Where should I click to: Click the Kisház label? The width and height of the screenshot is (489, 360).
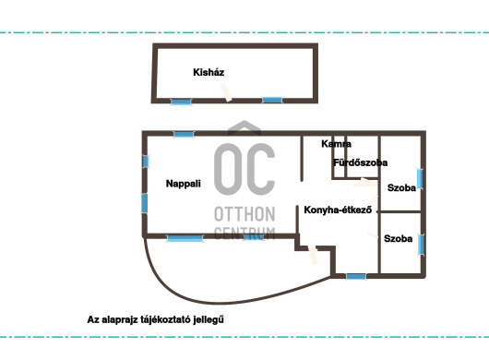pyautogui.click(x=209, y=72)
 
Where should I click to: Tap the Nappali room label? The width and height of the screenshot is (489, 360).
pyautogui.click(x=183, y=184)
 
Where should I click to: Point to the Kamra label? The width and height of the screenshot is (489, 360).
pyautogui.click(x=336, y=144)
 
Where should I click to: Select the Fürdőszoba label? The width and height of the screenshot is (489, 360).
pyautogui.click(x=360, y=162)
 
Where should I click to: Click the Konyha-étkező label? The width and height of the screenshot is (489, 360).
pyautogui.click(x=338, y=210)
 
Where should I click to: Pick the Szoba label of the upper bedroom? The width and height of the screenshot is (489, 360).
pyautogui.click(x=401, y=187)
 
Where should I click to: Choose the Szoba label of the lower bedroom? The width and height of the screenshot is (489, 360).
pyautogui.click(x=398, y=239)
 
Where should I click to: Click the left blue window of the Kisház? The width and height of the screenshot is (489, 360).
pyautogui.click(x=181, y=102)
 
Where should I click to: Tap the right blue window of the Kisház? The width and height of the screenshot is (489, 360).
pyautogui.click(x=272, y=100)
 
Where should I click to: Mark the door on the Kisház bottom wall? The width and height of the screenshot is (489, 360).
pyautogui.click(x=226, y=92)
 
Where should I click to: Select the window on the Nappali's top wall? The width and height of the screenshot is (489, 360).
pyautogui.click(x=184, y=134)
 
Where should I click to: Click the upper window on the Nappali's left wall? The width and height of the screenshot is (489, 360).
pyautogui.click(x=146, y=162)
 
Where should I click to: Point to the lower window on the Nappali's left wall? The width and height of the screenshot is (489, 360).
pyautogui.click(x=144, y=203)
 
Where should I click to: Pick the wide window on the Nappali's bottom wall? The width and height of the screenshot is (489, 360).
pyautogui.click(x=185, y=239)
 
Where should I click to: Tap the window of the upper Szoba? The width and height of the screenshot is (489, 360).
pyautogui.click(x=420, y=179)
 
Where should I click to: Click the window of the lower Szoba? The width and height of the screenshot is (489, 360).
pyautogui.click(x=422, y=245)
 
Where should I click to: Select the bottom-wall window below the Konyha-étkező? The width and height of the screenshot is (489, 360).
pyautogui.click(x=356, y=276)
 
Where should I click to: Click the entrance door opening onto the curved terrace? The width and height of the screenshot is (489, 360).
pyautogui.click(x=313, y=255)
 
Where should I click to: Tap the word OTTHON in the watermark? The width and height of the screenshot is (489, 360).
pyautogui.click(x=244, y=214)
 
